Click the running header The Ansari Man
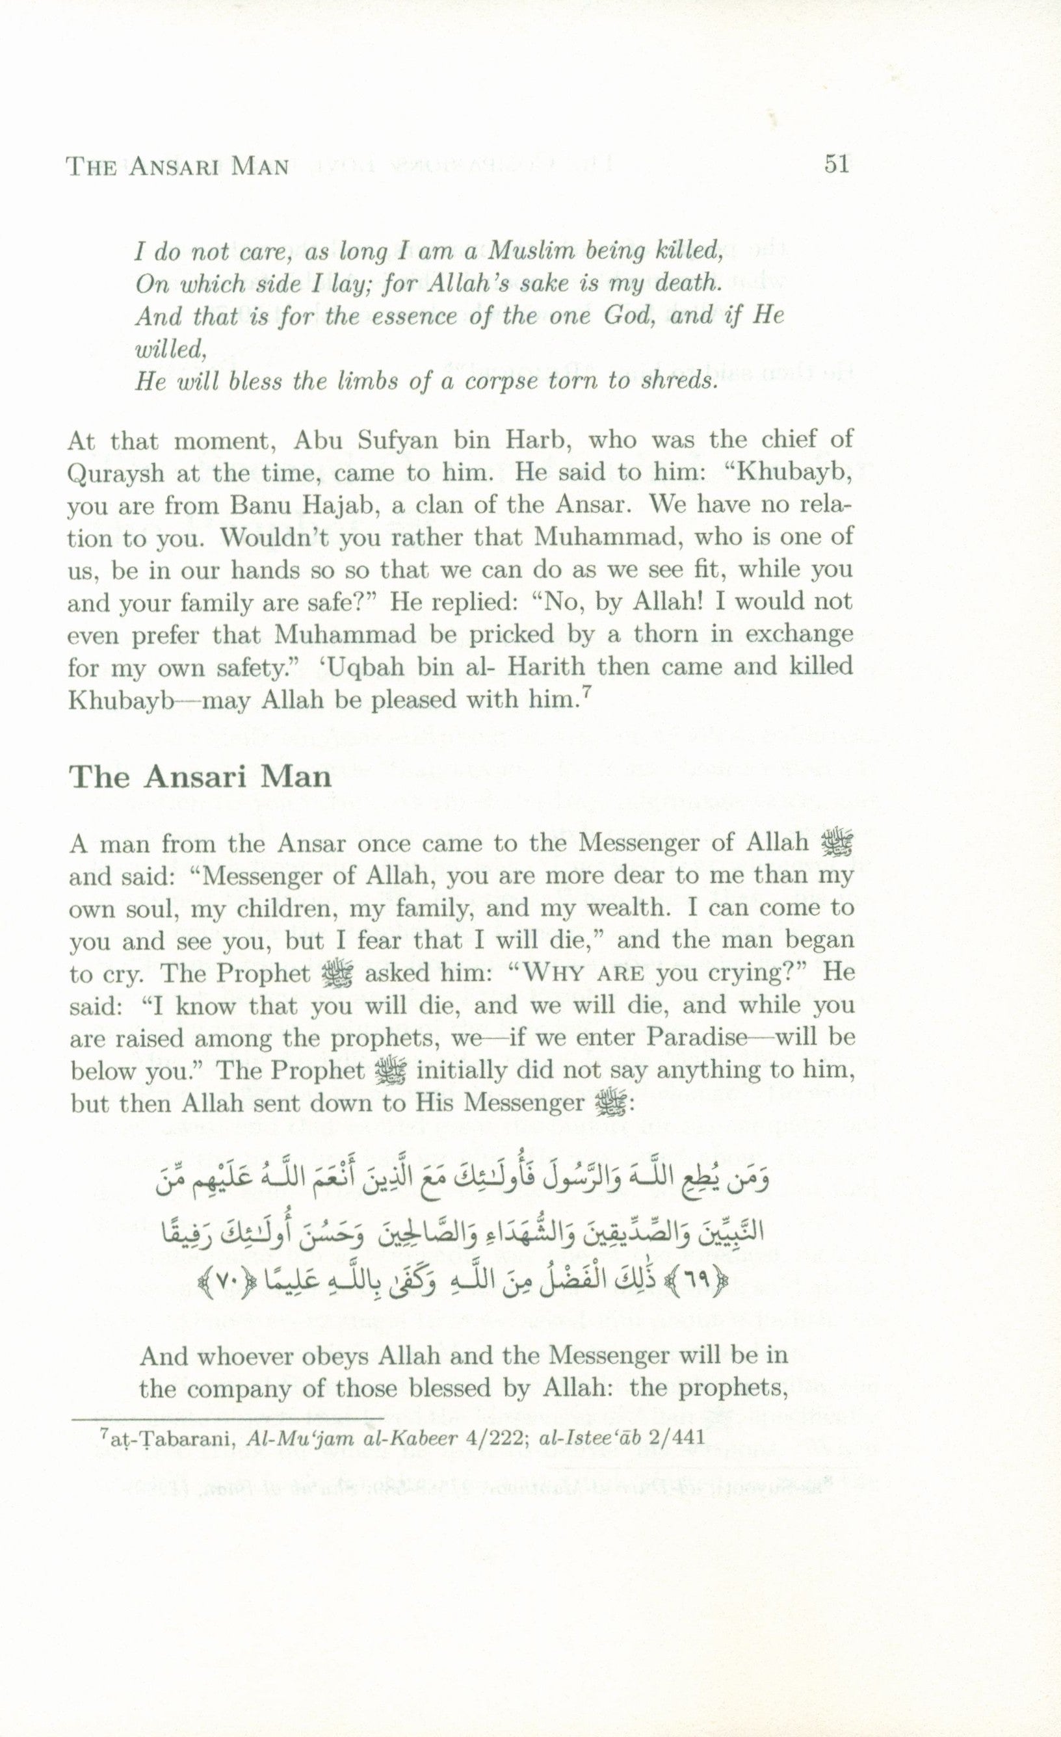click(x=177, y=166)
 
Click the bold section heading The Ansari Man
click(x=200, y=776)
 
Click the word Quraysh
click(x=113, y=473)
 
